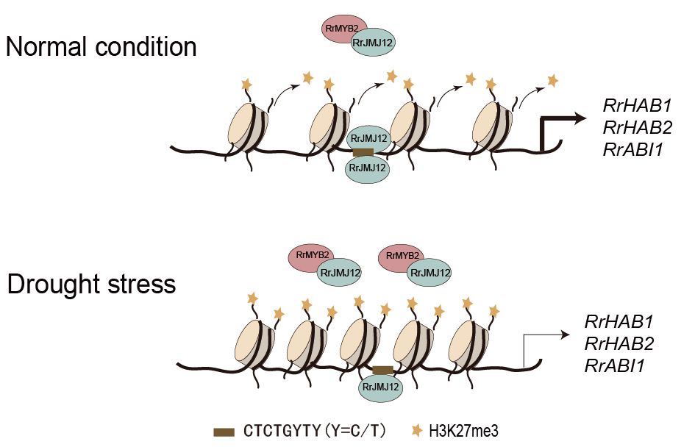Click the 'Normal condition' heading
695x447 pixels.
tap(101, 48)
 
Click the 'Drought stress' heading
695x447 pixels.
tap(92, 285)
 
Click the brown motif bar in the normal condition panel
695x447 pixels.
tap(363, 151)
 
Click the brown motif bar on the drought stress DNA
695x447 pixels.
tap(382, 370)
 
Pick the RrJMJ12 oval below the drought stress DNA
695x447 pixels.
tap(381, 387)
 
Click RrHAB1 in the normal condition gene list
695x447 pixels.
tap(637, 106)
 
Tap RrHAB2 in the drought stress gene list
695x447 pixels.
tap(619, 343)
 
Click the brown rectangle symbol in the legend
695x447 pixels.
tap(224, 432)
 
